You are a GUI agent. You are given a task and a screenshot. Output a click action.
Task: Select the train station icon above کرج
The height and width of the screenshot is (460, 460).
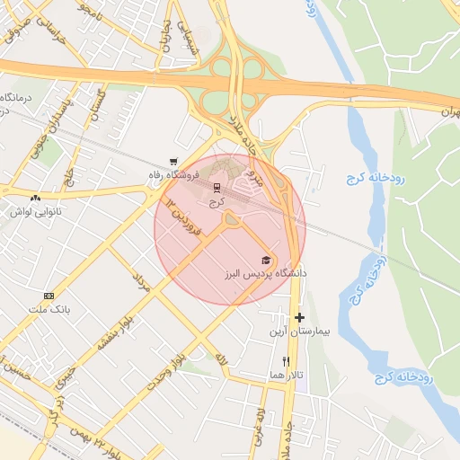coord(216,189)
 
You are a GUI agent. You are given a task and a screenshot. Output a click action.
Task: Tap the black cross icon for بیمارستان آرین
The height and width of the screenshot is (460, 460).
coord(299,317)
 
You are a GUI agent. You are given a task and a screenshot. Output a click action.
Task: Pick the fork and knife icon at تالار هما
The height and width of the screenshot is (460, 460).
coord(286,361)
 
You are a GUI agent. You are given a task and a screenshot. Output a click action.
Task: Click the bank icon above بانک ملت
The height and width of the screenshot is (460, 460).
coord(49,296)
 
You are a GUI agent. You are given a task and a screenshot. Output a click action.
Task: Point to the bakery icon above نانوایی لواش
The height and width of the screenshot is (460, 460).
coord(35,198)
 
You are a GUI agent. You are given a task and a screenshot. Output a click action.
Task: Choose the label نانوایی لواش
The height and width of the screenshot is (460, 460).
coord(34,211)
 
